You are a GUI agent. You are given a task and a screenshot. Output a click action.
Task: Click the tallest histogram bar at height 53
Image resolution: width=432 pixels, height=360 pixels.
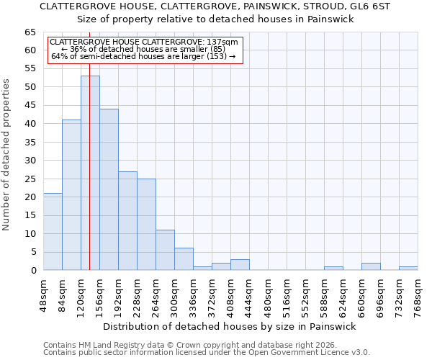pos(90,173)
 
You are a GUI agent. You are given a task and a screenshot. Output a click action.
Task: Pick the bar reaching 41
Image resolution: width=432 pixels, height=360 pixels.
pos(71,194)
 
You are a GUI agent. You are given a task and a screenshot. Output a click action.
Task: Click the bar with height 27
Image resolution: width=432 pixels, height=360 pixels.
pos(127,220)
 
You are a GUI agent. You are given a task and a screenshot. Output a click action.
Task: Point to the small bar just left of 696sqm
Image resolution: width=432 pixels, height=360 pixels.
pos(371,266)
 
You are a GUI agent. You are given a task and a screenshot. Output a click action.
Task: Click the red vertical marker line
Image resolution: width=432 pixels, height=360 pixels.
pos(89,144)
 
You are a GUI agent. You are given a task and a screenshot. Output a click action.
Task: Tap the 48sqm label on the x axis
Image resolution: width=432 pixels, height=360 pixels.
pos(44,295)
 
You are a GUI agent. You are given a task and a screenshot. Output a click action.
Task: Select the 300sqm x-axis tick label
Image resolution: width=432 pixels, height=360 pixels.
pos(175,295)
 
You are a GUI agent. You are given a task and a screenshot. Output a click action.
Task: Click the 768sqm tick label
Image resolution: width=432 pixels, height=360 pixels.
pos(418,295)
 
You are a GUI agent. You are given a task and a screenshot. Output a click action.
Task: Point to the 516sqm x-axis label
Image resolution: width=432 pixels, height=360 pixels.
pos(287,295)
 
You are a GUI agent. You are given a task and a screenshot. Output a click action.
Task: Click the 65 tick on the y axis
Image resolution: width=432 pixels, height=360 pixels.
pos(30,32)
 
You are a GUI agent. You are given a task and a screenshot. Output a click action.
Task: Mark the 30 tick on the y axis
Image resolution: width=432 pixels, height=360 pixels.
pos(30,161)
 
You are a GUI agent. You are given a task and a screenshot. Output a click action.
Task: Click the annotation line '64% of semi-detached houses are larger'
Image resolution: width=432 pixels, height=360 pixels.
pos(143,56)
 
